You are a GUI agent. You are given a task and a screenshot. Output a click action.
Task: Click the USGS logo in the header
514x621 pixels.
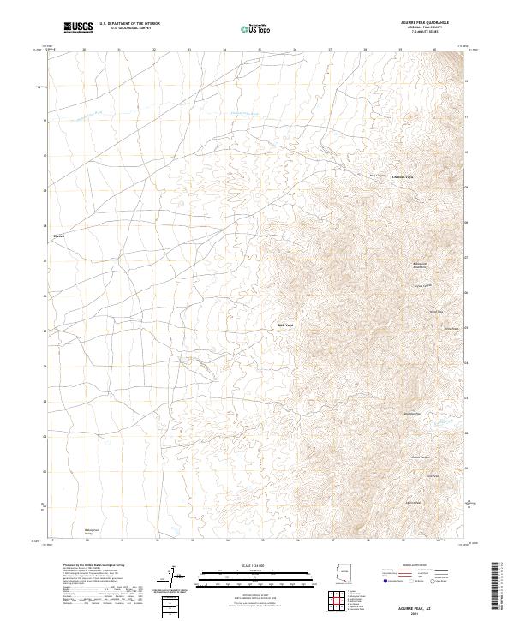click(x=78, y=28)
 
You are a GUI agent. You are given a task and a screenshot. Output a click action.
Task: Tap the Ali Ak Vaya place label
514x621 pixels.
click(x=284, y=325)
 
